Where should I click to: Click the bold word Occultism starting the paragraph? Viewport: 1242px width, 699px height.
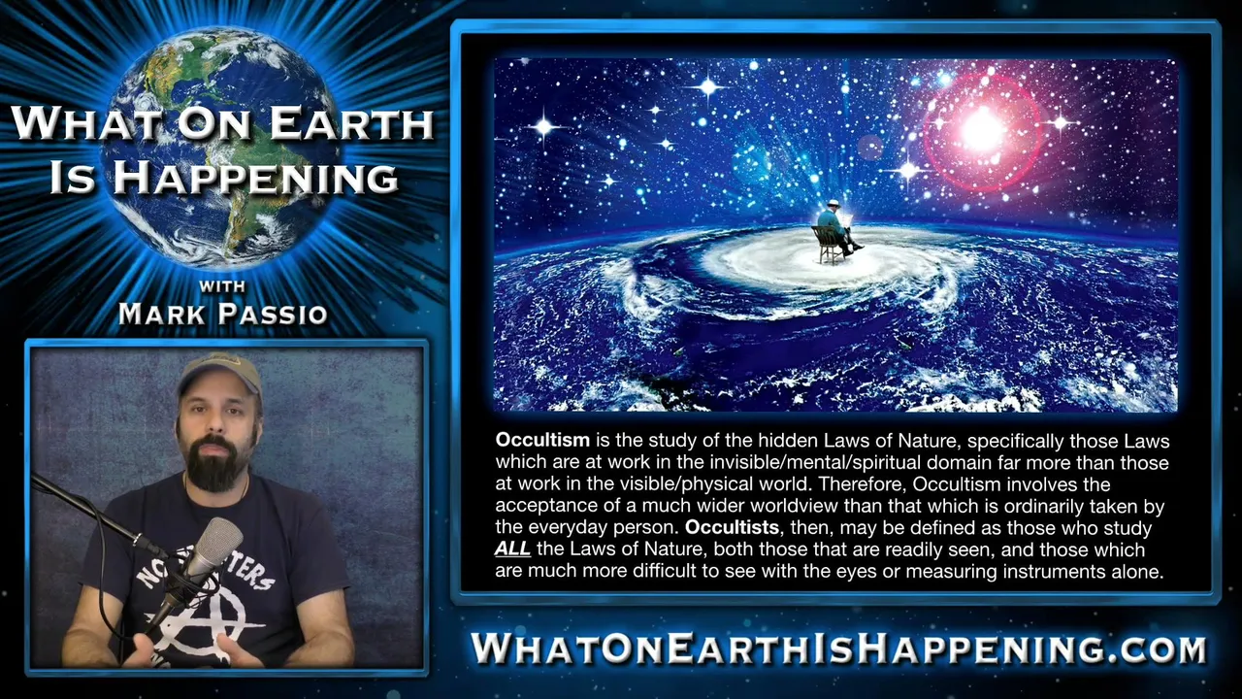point(542,440)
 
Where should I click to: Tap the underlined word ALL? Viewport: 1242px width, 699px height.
point(512,549)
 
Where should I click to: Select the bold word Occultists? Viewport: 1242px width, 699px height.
point(733,527)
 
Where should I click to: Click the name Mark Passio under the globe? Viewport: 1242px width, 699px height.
point(223,314)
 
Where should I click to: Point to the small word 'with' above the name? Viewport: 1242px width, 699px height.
point(222,286)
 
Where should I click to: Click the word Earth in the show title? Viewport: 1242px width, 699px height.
point(351,123)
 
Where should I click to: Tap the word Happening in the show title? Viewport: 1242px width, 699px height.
point(255,178)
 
